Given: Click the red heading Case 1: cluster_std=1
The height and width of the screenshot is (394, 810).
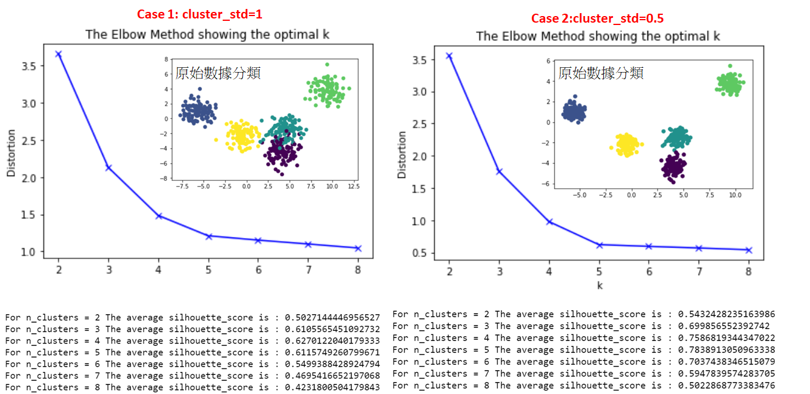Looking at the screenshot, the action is point(200,14).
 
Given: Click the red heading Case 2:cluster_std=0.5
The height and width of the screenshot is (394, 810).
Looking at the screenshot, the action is point(597,18).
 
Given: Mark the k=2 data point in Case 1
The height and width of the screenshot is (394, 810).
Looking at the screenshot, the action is point(58,54).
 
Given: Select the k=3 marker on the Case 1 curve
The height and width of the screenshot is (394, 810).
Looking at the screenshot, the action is point(108,168).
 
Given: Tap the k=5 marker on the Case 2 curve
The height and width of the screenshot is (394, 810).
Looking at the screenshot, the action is point(599,245).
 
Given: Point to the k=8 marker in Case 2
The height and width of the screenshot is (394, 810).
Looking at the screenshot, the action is point(749,250).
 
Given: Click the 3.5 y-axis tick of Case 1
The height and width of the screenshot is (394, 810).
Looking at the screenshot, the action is point(29,66).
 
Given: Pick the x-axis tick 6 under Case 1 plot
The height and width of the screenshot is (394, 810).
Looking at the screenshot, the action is point(258,270).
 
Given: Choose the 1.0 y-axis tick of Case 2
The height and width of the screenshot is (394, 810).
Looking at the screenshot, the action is point(419,221).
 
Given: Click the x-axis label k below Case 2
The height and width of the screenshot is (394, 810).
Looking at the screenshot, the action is point(600,286).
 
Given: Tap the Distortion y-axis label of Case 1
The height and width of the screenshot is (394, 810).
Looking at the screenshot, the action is point(11,153).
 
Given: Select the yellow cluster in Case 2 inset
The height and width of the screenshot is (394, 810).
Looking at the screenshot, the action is point(627,145).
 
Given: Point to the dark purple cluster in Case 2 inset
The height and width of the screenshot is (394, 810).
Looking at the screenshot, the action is point(673,167).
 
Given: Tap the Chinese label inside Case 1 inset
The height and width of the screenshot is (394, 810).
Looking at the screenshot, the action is point(218,73).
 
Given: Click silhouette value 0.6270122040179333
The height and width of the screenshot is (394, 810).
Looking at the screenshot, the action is point(332,341).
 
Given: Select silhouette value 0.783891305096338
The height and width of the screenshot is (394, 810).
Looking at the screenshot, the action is point(727,350).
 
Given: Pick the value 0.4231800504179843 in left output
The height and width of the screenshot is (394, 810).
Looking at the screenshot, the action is point(332,387).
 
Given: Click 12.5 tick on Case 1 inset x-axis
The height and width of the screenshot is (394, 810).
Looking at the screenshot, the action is point(354,186).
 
